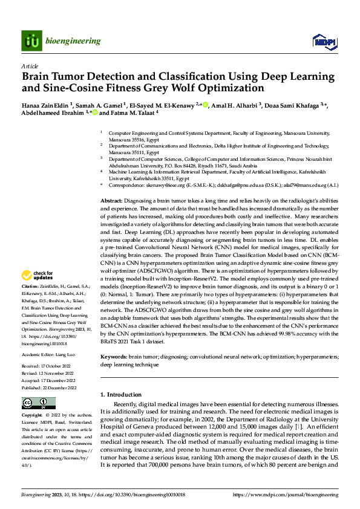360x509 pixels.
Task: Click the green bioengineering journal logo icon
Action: [31, 41]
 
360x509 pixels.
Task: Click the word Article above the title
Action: [29, 65]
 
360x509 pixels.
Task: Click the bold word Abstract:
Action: [112, 199]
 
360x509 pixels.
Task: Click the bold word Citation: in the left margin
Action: [30, 286]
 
